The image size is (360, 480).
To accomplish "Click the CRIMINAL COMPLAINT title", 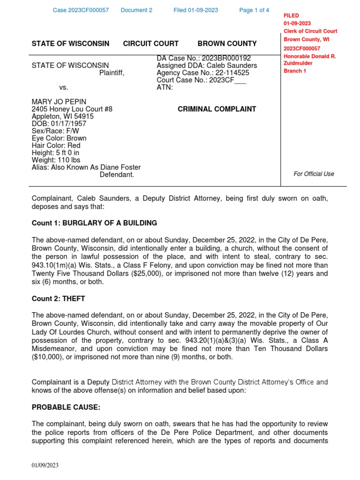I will [217, 109].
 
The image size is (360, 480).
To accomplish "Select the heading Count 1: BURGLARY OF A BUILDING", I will [94, 223].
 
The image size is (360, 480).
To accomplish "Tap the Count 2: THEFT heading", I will [58, 299].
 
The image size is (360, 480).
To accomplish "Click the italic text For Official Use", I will [314, 174].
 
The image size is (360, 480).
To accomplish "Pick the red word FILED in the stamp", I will [291, 15].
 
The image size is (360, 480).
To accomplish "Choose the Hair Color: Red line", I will [56, 146].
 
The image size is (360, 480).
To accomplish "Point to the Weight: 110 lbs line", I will [56, 160].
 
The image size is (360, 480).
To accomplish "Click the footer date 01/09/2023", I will [45, 465].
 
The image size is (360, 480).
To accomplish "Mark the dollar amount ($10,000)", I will [50, 357].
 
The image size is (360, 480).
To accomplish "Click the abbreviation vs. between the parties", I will [64, 88].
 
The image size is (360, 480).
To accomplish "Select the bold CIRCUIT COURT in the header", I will [150, 44].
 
